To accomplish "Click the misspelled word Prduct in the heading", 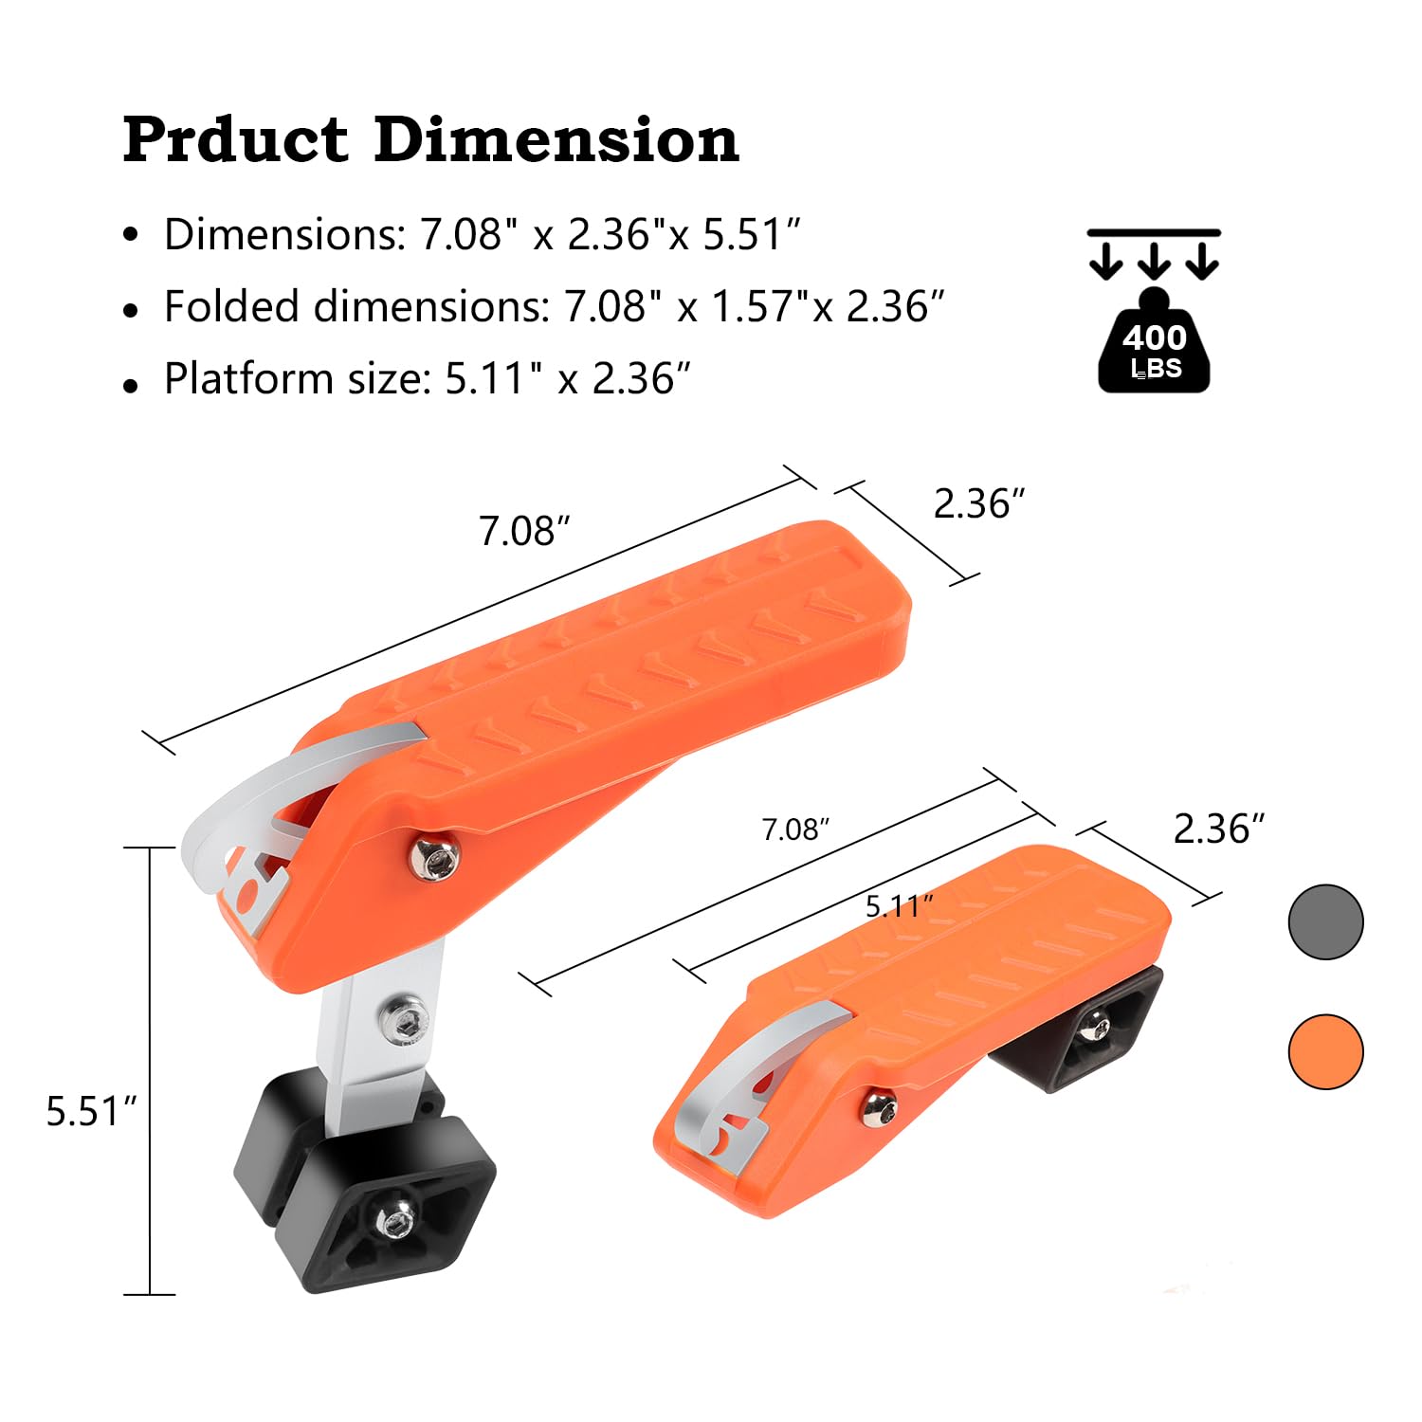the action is (236, 139).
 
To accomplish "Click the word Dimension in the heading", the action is (556, 139).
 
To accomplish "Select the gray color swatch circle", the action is (1325, 922).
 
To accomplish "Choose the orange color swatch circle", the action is (1325, 1051).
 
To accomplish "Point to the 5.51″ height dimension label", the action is (92, 1111).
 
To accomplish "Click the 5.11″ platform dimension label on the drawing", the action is (899, 906).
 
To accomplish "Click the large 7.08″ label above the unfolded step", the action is (524, 531).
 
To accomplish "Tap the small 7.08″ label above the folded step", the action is (795, 829).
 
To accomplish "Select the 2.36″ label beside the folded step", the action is (1219, 829).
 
